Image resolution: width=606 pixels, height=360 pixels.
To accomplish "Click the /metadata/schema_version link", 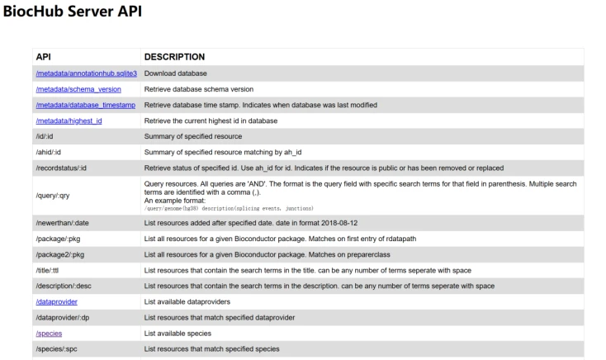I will [x=73, y=89].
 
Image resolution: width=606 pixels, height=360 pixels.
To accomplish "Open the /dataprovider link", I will [x=56, y=301].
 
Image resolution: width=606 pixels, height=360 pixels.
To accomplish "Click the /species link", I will [x=49, y=333].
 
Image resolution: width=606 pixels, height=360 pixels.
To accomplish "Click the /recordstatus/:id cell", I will [x=61, y=168].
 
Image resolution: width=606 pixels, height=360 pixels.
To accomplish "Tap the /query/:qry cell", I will [x=52, y=195].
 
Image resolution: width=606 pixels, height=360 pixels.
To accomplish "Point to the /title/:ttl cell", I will [x=50, y=270].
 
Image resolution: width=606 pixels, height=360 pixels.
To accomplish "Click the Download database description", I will [x=175, y=73].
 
